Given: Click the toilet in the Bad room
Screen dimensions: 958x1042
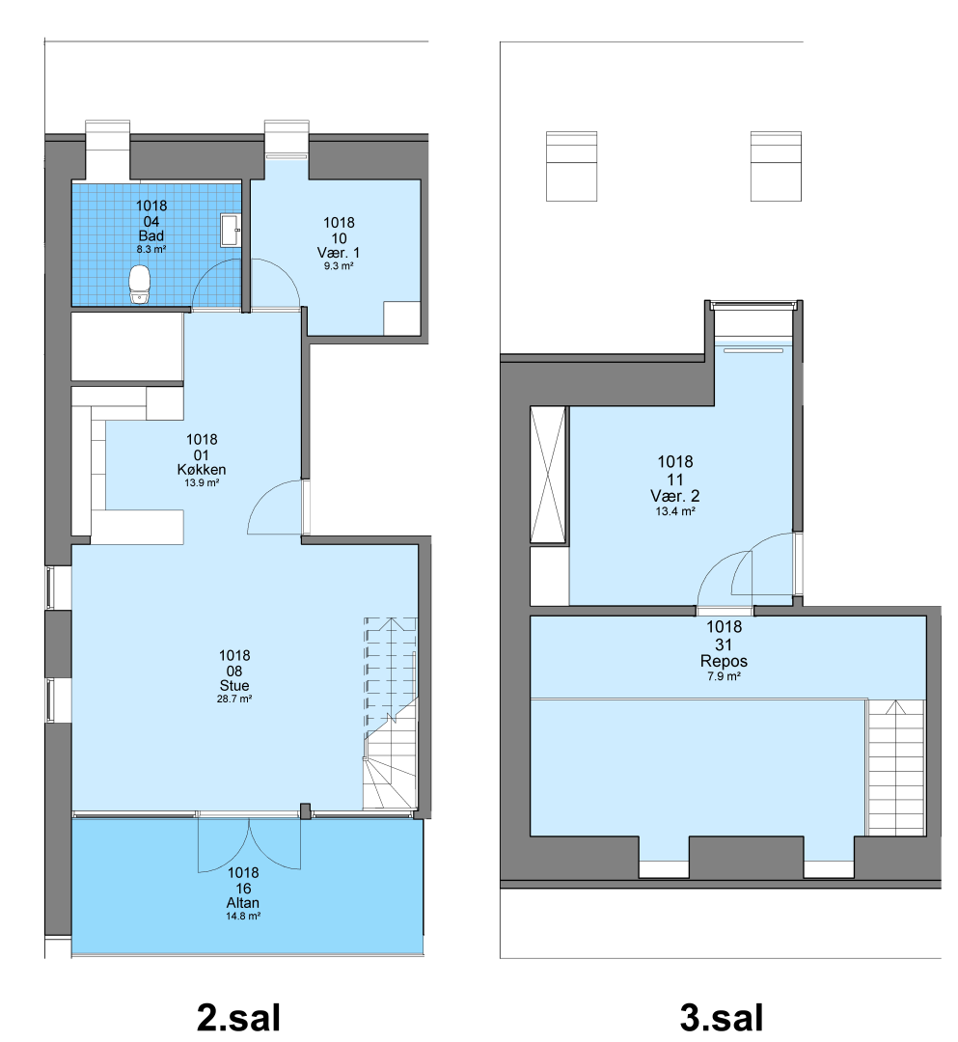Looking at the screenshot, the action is click(140, 285).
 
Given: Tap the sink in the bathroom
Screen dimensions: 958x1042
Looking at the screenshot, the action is click(231, 230).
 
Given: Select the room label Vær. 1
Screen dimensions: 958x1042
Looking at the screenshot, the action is click(339, 253).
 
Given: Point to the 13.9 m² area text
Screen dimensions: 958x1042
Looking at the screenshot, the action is click(202, 483).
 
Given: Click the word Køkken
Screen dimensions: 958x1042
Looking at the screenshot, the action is click(202, 469).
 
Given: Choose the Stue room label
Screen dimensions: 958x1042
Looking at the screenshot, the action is click(234, 685).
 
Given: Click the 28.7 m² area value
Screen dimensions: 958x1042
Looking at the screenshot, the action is click(234, 699).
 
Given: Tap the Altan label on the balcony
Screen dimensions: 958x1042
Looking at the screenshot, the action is click(243, 902).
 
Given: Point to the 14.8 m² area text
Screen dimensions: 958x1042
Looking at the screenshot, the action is click(243, 917).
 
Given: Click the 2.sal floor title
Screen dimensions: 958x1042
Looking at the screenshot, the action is click(238, 1018).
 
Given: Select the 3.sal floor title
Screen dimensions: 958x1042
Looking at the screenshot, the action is click(722, 1018).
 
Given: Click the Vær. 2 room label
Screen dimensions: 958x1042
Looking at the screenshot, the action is click(675, 496).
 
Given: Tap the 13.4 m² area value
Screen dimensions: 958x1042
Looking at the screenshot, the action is click(675, 511).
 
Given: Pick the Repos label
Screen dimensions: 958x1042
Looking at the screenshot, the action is click(725, 661).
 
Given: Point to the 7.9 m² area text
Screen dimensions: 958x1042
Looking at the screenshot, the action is click(725, 676).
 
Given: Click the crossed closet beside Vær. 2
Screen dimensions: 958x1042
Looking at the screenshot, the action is click(549, 475).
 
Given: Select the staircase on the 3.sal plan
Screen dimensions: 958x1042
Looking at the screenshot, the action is click(895, 767).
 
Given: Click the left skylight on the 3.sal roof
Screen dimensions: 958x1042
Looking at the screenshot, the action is click(571, 166).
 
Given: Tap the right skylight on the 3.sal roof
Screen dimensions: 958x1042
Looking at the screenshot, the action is click(776, 166).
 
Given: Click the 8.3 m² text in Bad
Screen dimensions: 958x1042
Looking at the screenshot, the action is click(151, 250).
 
